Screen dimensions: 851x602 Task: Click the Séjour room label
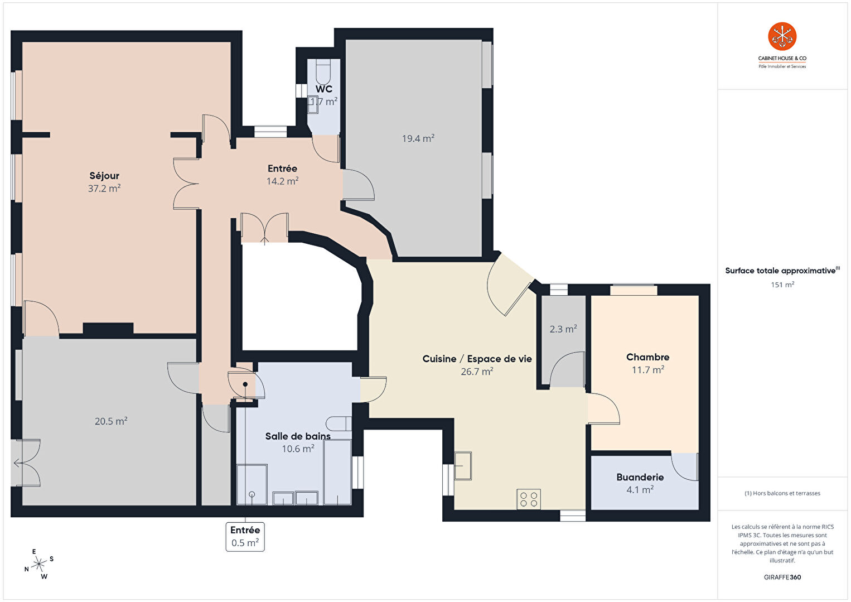tap(104, 176)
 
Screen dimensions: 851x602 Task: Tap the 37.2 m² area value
tap(104, 188)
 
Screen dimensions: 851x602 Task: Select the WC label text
tap(323, 89)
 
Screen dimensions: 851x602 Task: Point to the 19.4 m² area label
tap(418, 138)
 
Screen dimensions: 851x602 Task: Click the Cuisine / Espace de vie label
tap(477, 359)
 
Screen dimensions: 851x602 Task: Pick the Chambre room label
tap(647, 357)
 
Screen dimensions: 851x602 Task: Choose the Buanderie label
tap(640, 478)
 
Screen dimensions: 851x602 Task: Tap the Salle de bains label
tap(298, 436)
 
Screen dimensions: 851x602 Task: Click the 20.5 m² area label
tap(111, 421)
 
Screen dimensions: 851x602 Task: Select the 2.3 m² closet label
tap(563, 329)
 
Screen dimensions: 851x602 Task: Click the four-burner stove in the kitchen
tap(529, 499)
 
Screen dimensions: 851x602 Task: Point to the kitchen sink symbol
tap(463, 465)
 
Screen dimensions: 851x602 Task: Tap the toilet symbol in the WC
tap(323, 72)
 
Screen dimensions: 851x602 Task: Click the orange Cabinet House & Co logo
tap(782, 36)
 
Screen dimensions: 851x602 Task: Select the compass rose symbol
tap(38, 565)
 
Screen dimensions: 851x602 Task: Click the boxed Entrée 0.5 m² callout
tap(245, 537)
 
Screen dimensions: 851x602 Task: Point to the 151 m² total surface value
tap(782, 285)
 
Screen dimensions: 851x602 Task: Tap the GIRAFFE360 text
tap(782, 577)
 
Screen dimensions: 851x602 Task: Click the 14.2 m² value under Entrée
tap(282, 181)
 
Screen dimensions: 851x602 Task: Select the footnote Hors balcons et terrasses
tap(782, 493)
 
